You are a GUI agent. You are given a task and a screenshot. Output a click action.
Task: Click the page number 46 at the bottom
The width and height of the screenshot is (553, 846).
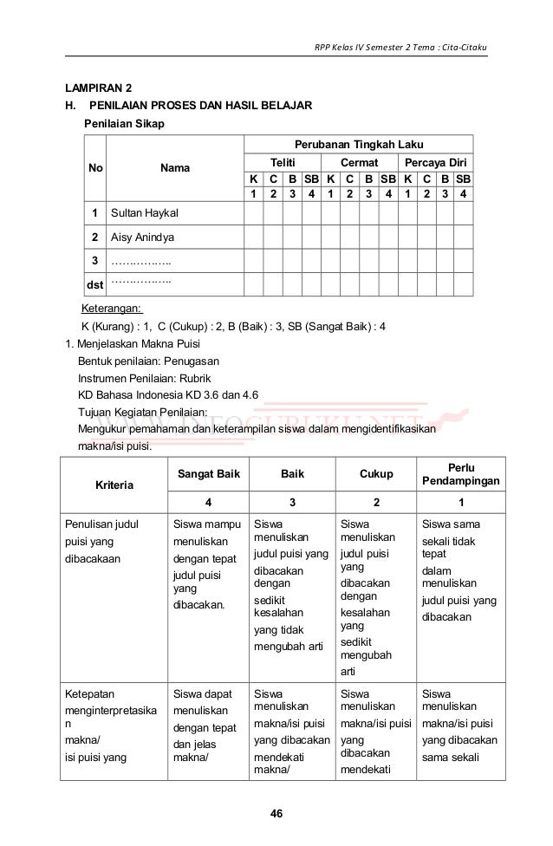click(x=276, y=813)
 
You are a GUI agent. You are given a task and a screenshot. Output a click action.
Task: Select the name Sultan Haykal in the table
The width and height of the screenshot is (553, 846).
click(x=144, y=212)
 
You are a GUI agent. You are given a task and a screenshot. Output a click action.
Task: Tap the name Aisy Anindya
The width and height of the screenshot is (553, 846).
click(x=142, y=237)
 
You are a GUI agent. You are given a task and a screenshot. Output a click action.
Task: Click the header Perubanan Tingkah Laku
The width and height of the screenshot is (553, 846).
click(x=358, y=144)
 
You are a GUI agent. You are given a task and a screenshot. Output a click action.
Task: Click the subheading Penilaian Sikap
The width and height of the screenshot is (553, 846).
click(x=123, y=124)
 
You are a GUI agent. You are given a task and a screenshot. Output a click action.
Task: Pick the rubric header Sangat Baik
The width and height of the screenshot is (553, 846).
click(x=207, y=474)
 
